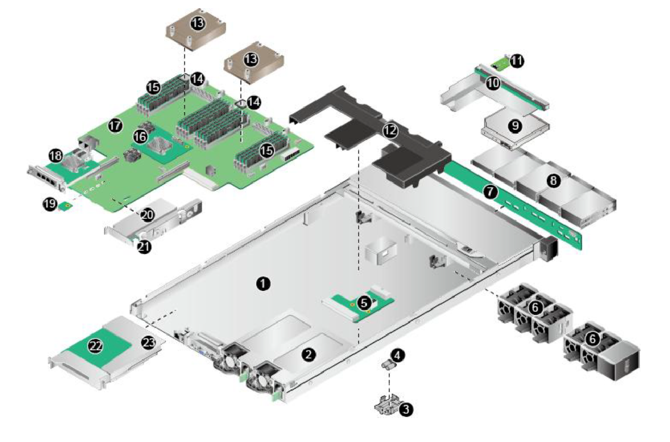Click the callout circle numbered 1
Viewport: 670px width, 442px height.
point(263,283)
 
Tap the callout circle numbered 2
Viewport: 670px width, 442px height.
point(309,355)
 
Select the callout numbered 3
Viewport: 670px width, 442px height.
point(405,409)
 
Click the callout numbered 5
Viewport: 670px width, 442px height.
point(364,303)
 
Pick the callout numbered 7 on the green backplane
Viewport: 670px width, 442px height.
point(490,192)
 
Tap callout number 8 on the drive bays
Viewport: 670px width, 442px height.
point(554,180)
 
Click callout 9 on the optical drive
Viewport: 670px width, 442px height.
point(515,126)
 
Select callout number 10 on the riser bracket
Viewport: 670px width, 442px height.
point(493,83)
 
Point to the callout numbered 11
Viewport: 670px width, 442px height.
point(517,61)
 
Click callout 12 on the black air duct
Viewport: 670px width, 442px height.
point(390,131)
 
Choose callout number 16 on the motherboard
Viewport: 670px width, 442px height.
point(140,137)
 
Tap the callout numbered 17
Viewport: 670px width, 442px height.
point(115,126)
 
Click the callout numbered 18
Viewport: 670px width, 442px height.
point(56,156)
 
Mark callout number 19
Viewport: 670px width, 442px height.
point(50,204)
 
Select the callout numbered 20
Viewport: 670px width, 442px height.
point(147,215)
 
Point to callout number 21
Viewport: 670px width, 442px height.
point(144,247)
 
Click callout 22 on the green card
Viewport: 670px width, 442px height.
point(95,346)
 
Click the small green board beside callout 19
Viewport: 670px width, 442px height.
point(65,206)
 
